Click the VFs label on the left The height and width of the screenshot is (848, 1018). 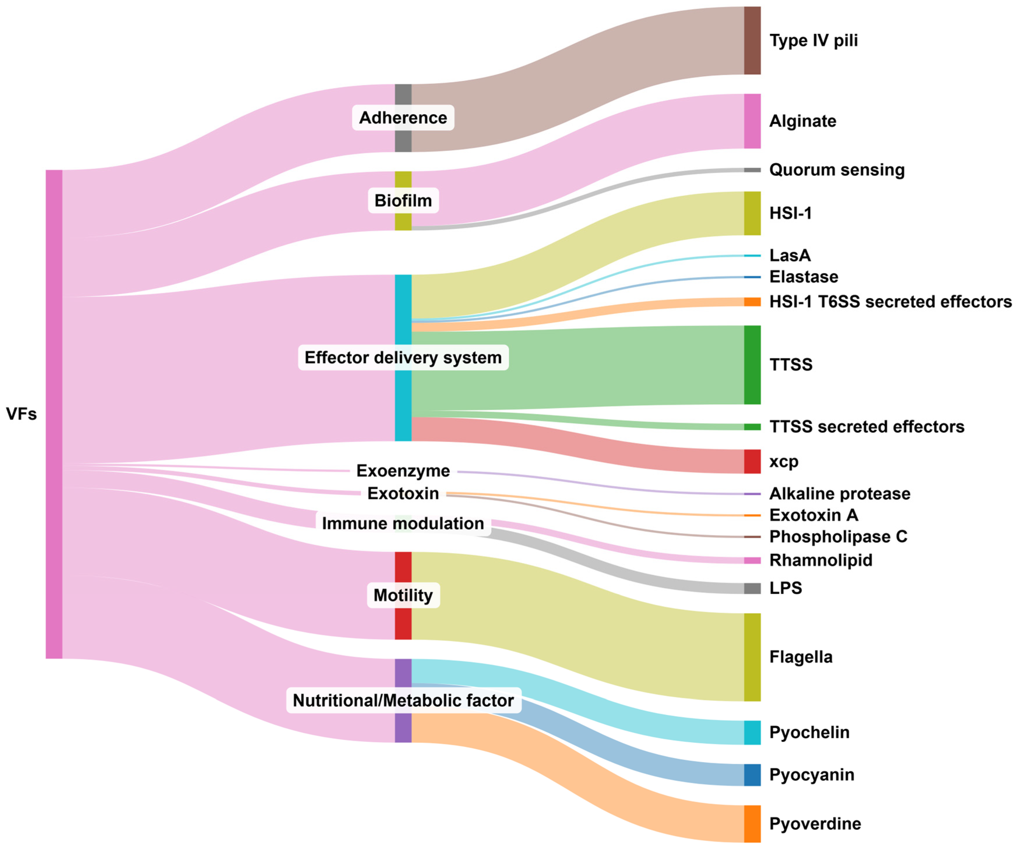pyautogui.click(x=21, y=414)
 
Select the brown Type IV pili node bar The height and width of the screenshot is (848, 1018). pyautogui.click(x=752, y=41)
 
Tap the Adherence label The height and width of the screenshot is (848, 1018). pyautogui.click(x=403, y=118)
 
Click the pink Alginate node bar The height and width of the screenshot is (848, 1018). pyautogui.click(x=752, y=121)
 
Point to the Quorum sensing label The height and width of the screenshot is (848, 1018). pyautogui.click(x=837, y=170)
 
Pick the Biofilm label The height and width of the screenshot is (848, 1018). pyautogui.click(x=403, y=201)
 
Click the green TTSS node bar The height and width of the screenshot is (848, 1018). pyautogui.click(x=752, y=365)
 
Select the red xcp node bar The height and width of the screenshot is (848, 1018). pyautogui.click(x=752, y=461)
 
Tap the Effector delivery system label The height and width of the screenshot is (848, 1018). pyautogui.click(x=403, y=358)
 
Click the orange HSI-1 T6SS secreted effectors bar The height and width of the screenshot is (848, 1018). pyautogui.click(x=752, y=302)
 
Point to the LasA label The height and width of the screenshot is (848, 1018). pyautogui.click(x=790, y=255)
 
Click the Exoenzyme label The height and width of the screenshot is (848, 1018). pyautogui.click(x=403, y=471)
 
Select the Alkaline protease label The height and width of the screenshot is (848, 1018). pyautogui.click(x=840, y=494)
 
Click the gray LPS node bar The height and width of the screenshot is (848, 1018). pyautogui.click(x=752, y=588)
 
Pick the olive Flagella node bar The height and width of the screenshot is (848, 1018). pyautogui.click(x=752, y=657)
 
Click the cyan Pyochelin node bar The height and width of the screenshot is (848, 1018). pyautogui.click(x=752, y=732)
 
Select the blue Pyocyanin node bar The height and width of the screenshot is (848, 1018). pyautogui.click(x=752, y=775)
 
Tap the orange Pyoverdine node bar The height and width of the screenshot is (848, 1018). pyautogui.click(x=752, y=824)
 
